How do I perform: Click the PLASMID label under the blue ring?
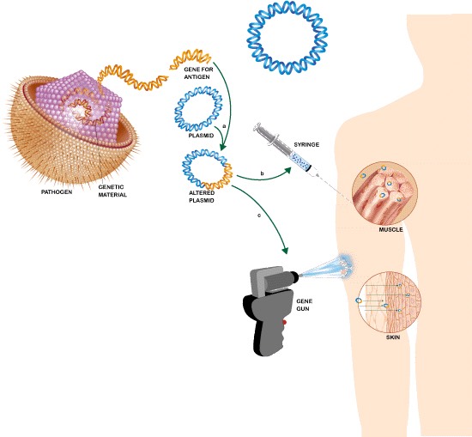point(198,135)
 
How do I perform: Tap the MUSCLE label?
point(390,229)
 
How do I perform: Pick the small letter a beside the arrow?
point(224,126)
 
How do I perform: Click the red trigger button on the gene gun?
point(283,322)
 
